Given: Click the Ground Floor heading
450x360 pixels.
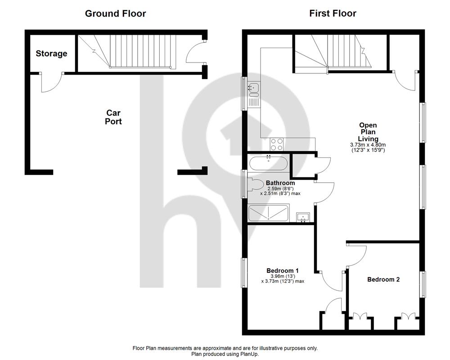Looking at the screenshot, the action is point(115,13).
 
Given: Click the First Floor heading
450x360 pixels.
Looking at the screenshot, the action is point(333,13).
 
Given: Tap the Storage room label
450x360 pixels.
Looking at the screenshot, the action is point(51,54).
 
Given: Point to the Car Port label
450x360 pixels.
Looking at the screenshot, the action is point(113,117).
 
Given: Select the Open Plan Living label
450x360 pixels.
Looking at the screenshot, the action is point(368,132).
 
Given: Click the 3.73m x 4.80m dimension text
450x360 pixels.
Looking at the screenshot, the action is point(368,145).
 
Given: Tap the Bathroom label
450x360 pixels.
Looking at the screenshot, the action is point(280,183).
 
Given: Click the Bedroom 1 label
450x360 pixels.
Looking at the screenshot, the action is point(283,270).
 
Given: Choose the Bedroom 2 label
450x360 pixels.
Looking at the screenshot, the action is point(383,279).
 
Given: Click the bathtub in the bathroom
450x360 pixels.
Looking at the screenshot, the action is point(268,163).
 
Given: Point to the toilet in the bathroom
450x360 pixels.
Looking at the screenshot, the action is point(256,185).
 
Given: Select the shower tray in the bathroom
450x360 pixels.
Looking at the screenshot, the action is point(269,213).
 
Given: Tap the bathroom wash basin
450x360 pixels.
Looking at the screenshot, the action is point(303,217).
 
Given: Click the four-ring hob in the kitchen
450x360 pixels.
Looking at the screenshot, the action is point(277,144).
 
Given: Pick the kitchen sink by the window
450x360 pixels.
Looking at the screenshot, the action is point(253,94).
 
